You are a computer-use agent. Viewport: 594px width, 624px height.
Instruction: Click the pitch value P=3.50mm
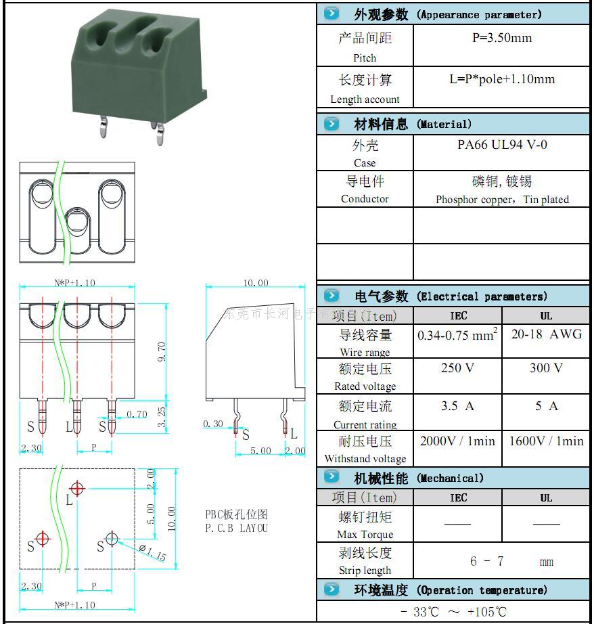click(x=501, y=38)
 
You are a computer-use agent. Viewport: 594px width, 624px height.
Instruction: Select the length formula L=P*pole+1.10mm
click(x=501, y=79)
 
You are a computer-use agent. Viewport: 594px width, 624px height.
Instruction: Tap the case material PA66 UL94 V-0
click(x=502, y=145)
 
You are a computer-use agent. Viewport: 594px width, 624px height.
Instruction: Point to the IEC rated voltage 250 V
click(x=457, y=368)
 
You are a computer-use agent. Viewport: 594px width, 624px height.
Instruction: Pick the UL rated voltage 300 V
click(x=546, y=368)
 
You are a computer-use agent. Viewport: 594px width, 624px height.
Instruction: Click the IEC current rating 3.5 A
click(x=457, y=406)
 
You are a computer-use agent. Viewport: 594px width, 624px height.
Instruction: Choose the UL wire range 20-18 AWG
click(x=546, y=334)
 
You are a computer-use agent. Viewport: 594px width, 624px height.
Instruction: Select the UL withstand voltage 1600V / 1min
click(x=546, y=441)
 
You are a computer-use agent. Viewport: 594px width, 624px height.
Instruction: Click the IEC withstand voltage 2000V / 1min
click(x=457, y=441)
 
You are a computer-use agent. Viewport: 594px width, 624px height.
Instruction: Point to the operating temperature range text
click(x=453, y=612)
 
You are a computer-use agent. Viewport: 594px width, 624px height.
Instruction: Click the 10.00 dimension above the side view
click(x=255, y=283)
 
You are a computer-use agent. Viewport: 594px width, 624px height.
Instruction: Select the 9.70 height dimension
click(x=162, y=351)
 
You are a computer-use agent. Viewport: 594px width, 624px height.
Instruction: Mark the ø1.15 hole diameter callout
click(x=152, y=553)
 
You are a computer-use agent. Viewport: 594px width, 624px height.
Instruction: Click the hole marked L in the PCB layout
click(x=78, y=487)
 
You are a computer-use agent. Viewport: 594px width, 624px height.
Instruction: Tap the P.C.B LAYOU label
click(x=237, y=528)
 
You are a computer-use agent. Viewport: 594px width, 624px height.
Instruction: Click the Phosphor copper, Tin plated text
click(x=502, y=200)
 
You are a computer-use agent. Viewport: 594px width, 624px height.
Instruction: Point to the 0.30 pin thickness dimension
click(x=213, y=424)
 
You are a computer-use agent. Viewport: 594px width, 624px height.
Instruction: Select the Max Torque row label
click(x=365, y=535)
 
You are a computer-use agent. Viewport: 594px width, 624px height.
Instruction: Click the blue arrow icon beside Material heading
click(x=331, y=123)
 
